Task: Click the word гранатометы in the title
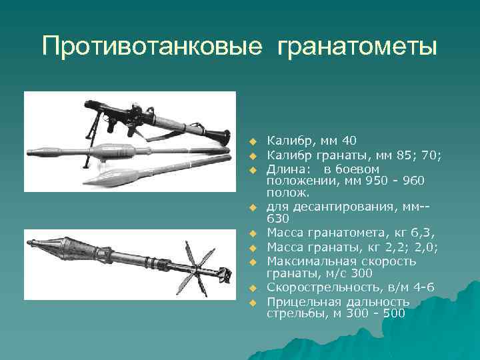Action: coord(357,47)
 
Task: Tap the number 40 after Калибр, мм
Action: coord(348,141)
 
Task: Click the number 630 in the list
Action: coord(278,219)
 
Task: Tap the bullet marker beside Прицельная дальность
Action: coord(253,303)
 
